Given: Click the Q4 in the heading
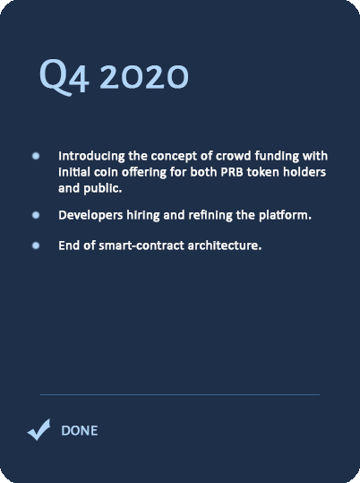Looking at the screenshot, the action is (64, 77).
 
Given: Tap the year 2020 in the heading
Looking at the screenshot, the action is (144, 77).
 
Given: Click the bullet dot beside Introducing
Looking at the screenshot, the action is (36, 156).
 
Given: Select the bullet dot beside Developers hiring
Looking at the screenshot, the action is (36, 215).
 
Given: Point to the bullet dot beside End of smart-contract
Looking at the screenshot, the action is (36, 246).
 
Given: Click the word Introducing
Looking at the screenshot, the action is (91, 157).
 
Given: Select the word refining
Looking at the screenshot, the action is (210, 215).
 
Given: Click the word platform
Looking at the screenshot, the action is (285, 215).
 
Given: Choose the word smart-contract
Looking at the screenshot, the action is (141, 246).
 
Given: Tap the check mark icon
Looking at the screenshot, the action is (39, 429).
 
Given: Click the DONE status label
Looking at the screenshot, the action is (80, 431).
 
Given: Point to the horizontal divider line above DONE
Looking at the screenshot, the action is (180, 394).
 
